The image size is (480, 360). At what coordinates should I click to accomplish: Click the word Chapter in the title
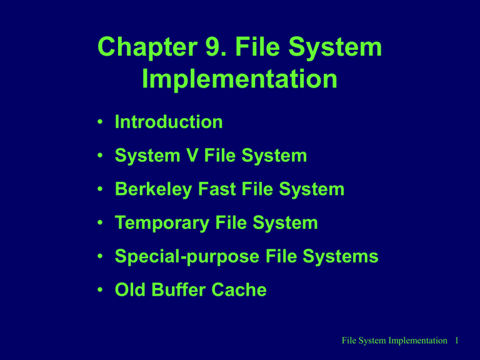(x=147, y=47)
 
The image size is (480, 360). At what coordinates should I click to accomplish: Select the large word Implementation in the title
(x=240, y=79)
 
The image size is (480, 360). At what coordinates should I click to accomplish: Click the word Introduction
(x=169, y=122)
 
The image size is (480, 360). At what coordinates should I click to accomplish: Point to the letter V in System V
(x=192, y=155)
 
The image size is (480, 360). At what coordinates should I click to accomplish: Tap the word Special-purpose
(x=187, y=257)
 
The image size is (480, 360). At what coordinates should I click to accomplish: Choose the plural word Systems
(x=341, y=257)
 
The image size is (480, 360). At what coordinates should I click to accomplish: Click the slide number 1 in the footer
(x=456, y=341)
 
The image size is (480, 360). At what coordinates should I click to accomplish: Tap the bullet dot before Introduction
(x=100, y=122)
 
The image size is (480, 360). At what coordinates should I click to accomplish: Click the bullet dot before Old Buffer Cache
(x=100, y=289)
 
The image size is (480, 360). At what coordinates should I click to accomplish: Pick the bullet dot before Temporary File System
(x=100, y=222)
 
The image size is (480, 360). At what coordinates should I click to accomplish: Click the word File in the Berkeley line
(x=257, y=189)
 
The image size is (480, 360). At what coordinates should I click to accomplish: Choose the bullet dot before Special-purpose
(x=100, y=256)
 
